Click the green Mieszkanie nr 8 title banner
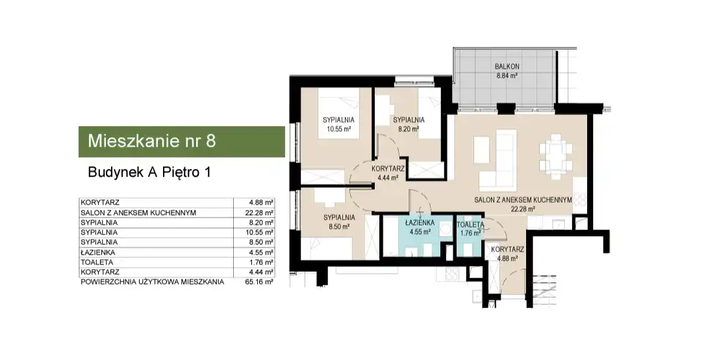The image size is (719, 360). [182, 142]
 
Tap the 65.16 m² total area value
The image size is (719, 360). [260, 282]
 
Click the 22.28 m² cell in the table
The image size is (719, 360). [260, 212]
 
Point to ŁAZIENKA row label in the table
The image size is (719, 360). [97, 252]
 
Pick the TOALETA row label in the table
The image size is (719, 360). [97, 263]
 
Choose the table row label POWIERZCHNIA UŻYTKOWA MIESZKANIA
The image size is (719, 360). [152, 282]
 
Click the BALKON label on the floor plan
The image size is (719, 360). [507, 67]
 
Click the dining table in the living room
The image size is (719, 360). [556, 153]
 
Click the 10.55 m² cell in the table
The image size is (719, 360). [260, 233]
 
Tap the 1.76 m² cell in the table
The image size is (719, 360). [260, 263]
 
